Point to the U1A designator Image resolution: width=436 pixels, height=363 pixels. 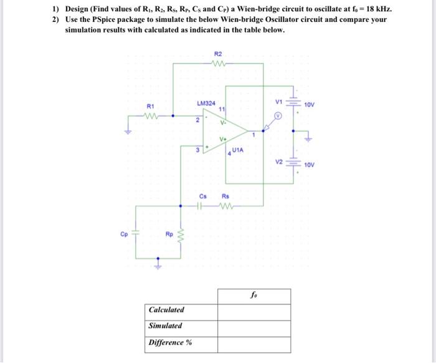coord(240,151)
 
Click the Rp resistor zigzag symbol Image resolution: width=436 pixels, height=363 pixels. coord(182,236)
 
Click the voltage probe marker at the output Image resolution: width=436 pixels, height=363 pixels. coord(278,116)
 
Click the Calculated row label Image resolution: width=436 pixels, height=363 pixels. coord(166,310)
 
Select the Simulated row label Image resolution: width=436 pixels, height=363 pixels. coord(165,326)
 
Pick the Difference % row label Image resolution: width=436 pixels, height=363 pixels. coord(169,342)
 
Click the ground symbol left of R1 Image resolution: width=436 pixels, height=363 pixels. coord(131,130)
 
